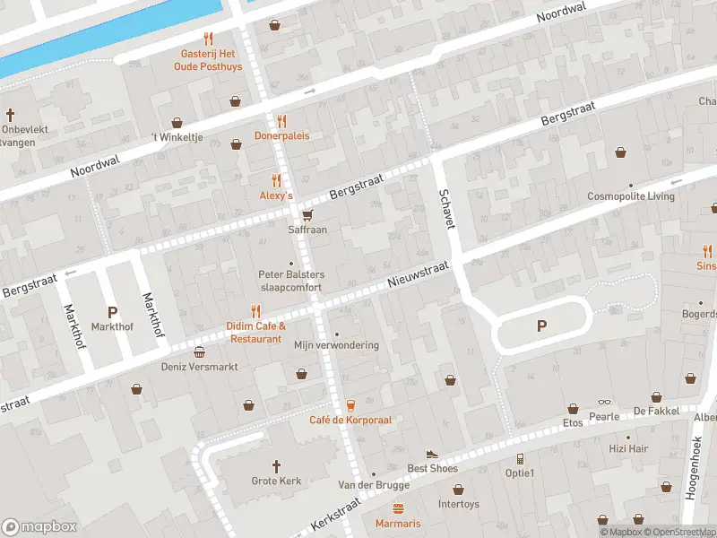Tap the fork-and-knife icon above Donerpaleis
281,121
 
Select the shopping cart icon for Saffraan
307,214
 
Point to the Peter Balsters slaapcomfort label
291,280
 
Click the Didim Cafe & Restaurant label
256,333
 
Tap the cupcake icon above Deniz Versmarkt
198,351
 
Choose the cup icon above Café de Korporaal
350,405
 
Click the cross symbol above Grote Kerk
277,466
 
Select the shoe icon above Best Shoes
432,455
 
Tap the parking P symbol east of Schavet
541,325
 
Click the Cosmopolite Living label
630,196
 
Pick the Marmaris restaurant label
397,523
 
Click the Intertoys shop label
458,504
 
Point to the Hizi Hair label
627,448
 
